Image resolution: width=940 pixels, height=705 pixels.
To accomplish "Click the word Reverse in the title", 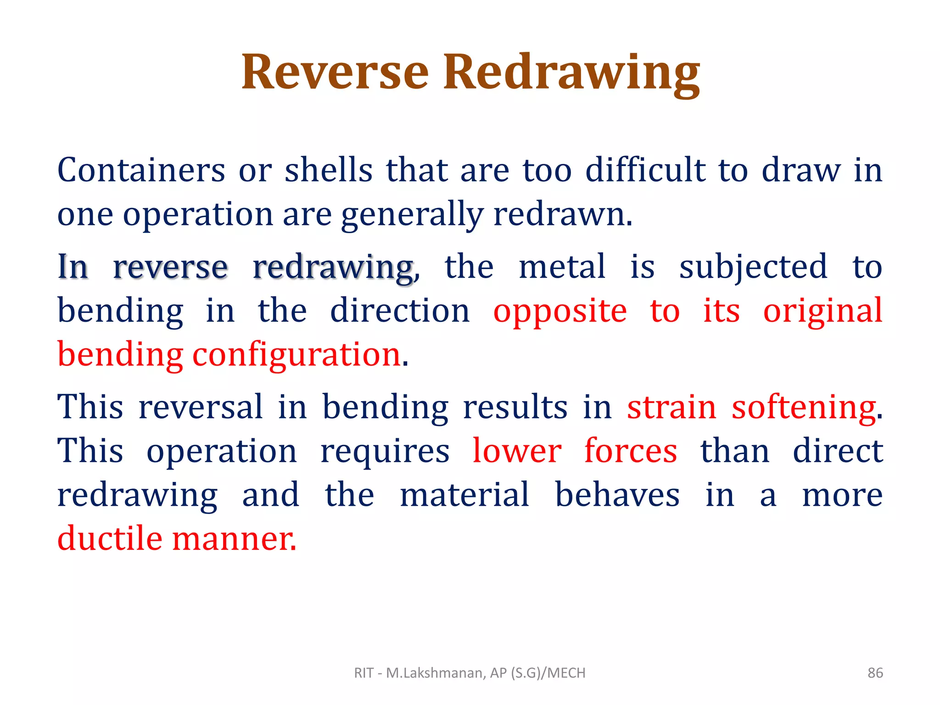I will (x=335, y=72).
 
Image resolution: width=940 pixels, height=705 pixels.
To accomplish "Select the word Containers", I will (x=141, y=170).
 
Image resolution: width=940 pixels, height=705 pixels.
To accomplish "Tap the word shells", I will (x=328, y=170).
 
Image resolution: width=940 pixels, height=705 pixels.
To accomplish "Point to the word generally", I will (x=412, y=215).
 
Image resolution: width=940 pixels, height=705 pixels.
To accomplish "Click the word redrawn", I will (x=562, y=214).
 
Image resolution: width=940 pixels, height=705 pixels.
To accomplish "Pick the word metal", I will (x=562, y=267).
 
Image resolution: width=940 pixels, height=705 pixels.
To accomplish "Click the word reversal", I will (x=201, y=407).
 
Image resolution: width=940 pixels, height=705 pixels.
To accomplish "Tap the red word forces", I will (x=631, y=451).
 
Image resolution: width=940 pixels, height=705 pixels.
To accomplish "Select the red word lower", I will (x=517, y=451).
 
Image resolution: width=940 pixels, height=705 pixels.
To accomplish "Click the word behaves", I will (x=617, y=495).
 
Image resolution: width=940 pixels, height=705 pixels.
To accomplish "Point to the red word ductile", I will (x=110, y=538).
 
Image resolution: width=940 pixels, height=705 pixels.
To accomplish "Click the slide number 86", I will (x=875, y=673).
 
